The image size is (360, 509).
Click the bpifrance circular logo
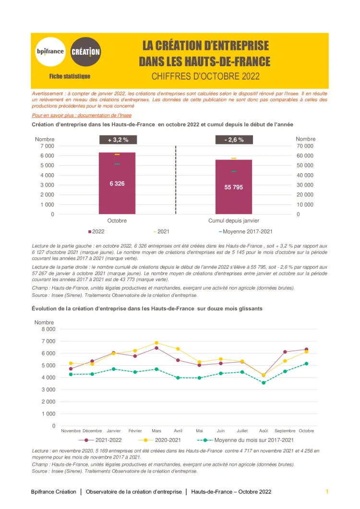click(x=50, y=52)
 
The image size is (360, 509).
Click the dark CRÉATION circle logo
click(x=85, y=52)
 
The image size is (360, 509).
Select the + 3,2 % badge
click(x=118, y=140)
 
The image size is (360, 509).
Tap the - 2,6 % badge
click(x=234, y=140)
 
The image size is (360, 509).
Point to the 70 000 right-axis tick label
click(x=305, y=146)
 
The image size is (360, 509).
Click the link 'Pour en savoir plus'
click(x=82, y=115)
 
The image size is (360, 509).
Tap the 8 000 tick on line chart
click(x=48, y=329)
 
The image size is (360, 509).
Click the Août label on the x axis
click(x=264, y=431)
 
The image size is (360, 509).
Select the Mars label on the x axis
click(x=156, y=431)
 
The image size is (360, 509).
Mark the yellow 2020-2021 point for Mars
click(x=156, y=343)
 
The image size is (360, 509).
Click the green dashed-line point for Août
click(x=264, y=382)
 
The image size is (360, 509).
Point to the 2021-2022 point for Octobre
click(x=306, y=349)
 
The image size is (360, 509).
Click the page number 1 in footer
click(x=327, y=492)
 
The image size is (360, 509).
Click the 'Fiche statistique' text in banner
click(x=70, y=76)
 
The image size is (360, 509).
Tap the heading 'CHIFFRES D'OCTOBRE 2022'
click(x=205, y=76)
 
